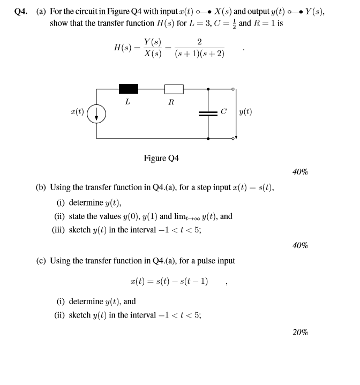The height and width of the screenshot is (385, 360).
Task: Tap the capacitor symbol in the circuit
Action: pos(208,113)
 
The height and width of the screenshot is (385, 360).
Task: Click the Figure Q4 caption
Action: pos(161,158)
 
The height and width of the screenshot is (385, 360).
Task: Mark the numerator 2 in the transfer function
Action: pos(199,42)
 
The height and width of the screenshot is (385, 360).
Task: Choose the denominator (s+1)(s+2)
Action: pos(199,54)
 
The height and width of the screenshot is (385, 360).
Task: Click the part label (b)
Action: pos(41,187)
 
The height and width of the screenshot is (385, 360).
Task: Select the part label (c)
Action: pos(41,261)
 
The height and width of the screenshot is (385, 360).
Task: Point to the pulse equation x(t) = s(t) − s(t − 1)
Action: pos(169,281)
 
